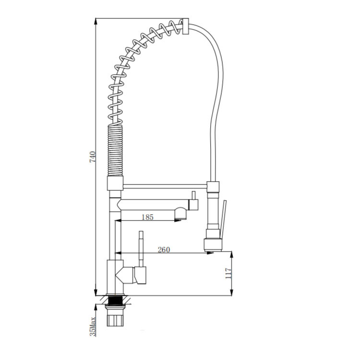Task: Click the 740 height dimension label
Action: (x=92, y=157)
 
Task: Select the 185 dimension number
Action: (x=147, y=217)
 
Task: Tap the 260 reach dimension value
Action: (x=164, y=250)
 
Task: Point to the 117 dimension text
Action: (x=228, y=273)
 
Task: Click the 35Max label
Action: (x=93, y=326)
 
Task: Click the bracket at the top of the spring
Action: (x=185, y=26)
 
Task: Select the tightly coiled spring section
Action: (x=115, y=150)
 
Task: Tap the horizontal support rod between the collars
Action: (x=165, y=186)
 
